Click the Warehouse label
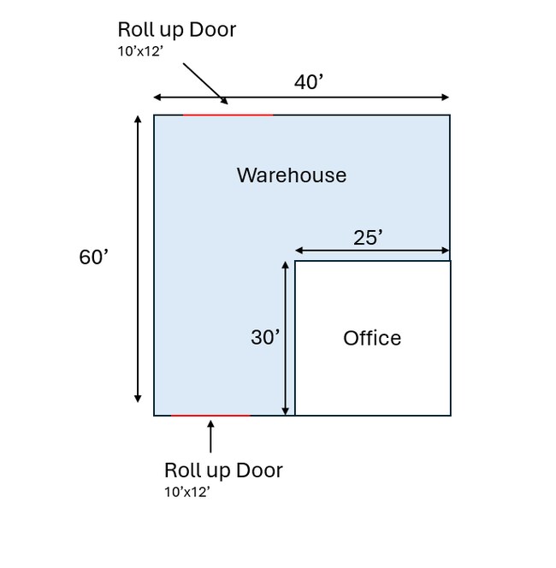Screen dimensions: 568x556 click(x=292, y=175)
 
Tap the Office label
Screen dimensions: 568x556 click(x=372, y=338)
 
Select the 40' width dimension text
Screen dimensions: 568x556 click(x=309, y=82)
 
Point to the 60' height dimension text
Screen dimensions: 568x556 click(x=94, y=257)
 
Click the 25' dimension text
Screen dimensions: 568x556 click(x=368, y=238)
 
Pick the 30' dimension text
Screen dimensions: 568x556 click(x=265, y=338)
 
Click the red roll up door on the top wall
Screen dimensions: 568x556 click(x=228, y=115)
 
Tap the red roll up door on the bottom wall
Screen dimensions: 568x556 click(x=211, y=416)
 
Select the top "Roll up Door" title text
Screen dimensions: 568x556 click(x=177, y=30)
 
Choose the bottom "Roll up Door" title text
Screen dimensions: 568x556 click(x=223, y=470)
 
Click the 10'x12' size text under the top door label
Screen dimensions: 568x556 click(x=140, y=51)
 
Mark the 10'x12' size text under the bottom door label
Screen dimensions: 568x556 click(x=186, y=492)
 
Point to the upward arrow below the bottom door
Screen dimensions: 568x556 click(x=211, y=435)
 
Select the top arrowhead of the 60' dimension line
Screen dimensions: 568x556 click(x=138, y=120)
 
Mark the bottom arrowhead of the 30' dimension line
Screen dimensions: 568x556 click(x=285, y=411)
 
